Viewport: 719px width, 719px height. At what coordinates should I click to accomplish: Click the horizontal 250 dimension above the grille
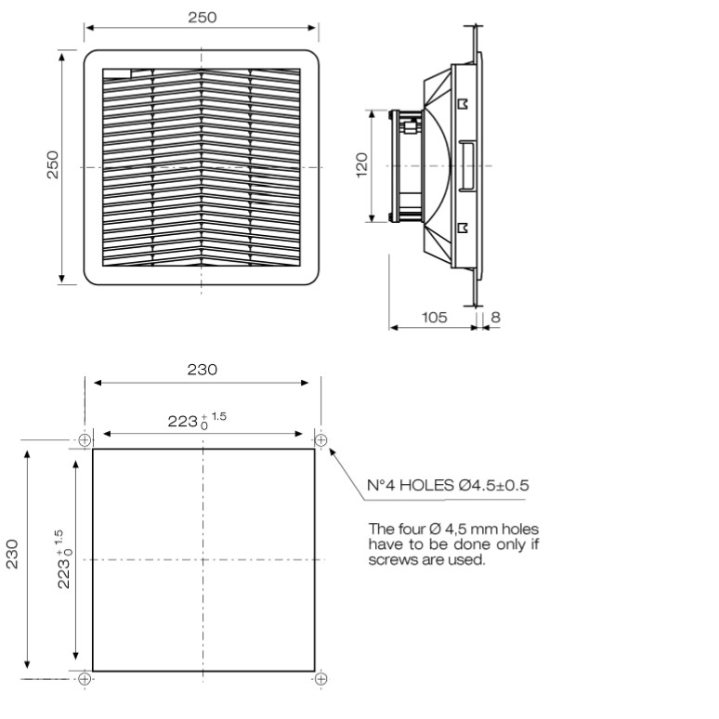pos(203,18)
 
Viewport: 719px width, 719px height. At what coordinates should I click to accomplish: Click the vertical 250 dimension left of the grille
pos(53,164)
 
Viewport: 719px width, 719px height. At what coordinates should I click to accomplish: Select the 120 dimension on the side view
pos(361,165)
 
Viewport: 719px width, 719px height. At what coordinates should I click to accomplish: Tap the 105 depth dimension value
pos(434,318)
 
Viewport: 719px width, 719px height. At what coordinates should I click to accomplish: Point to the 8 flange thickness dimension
pos(495,318)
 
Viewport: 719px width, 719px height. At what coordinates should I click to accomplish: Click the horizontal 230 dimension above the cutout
pos(203,370)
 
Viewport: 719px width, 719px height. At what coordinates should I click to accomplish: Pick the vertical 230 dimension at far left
pos(12,555)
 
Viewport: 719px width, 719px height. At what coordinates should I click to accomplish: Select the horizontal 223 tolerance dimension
pos(197,420)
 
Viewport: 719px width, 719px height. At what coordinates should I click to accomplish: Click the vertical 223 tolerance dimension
pos(64,559)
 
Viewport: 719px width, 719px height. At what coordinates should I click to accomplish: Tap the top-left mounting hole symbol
pos(85,440)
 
